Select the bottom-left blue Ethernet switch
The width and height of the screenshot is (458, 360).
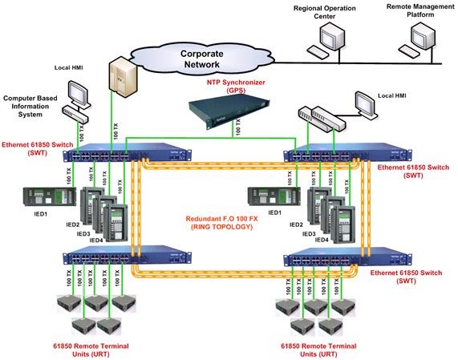(129, 258)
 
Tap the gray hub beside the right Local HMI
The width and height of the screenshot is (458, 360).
(318, 118)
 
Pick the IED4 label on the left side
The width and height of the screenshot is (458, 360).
(96, 238)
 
